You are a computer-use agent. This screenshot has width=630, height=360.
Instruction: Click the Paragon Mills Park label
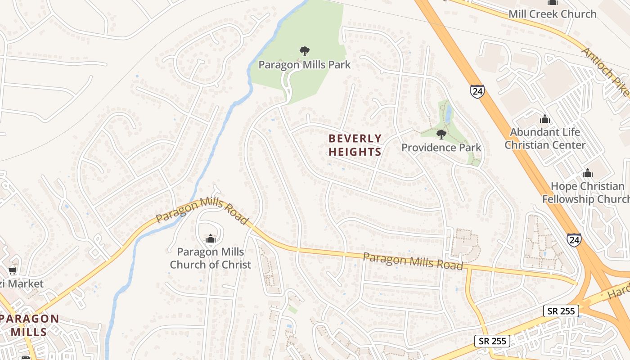304,65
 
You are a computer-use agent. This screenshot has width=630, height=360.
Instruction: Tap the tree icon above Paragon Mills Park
305,50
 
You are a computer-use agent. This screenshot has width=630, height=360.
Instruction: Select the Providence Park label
441,148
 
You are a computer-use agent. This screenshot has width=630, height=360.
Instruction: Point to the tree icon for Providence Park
441,134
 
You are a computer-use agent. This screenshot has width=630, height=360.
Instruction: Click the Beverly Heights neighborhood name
355,145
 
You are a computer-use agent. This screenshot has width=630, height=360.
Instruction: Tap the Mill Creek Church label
553,14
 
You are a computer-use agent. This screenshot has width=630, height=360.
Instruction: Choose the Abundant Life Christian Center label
545,139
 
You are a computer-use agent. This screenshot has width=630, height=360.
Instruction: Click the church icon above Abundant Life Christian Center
545,119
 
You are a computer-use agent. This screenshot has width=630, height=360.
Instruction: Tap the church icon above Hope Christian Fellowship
588,173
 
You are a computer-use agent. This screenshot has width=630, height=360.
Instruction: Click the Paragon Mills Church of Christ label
210,258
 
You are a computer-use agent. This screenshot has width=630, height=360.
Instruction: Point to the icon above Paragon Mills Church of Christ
210,239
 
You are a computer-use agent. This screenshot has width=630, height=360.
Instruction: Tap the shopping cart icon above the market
13,270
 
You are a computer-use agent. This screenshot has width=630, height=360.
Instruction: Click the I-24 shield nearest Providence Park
477,91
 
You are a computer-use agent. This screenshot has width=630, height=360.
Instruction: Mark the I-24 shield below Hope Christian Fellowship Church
574,240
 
